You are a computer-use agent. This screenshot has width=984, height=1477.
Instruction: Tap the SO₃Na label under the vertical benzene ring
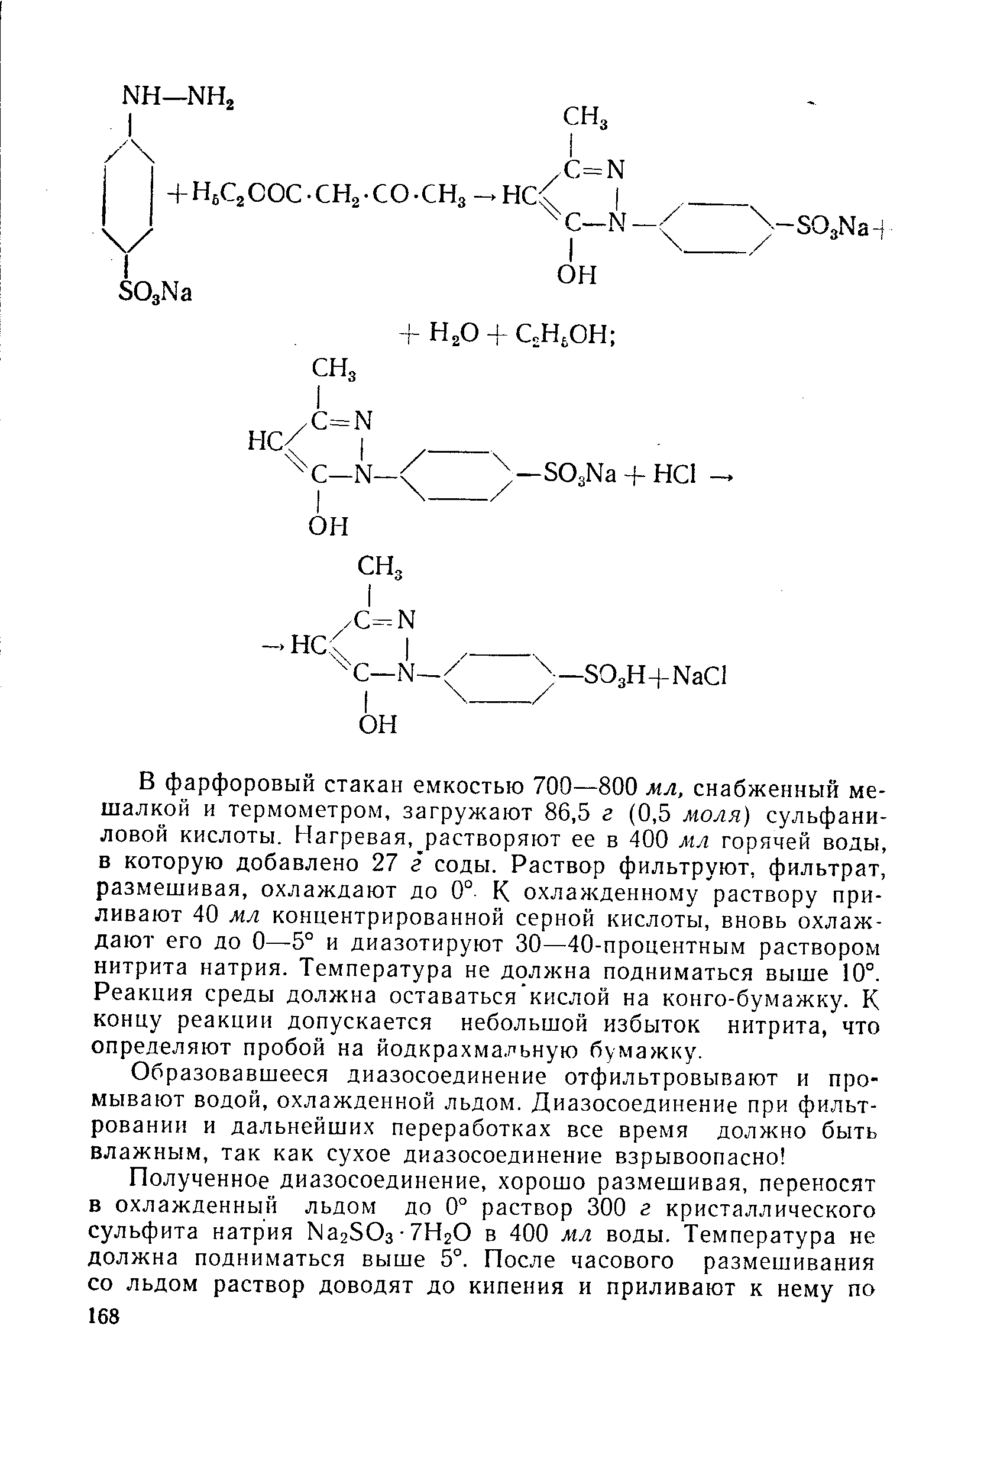click(x=154, y=291)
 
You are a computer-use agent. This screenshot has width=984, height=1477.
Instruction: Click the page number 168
click(x=103, y=1316)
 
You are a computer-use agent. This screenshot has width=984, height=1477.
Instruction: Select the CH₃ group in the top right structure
click(x=585, y=117)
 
